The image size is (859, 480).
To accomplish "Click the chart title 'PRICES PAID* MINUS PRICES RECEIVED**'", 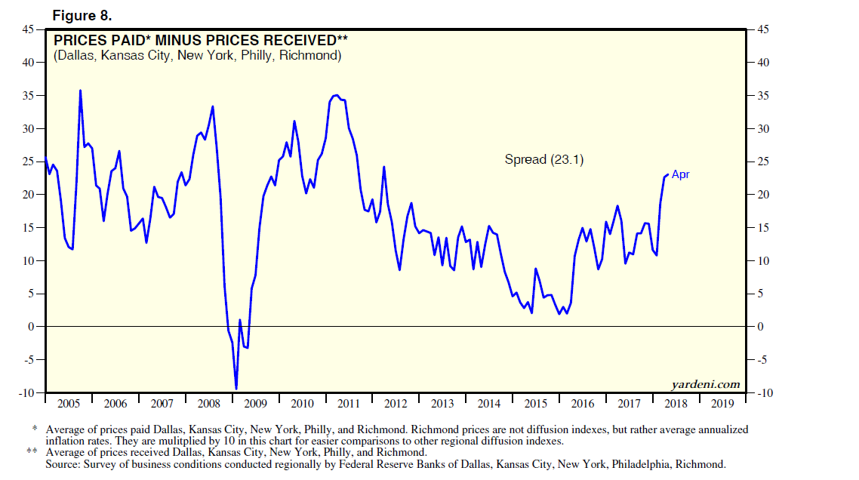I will click(x=201, y=40).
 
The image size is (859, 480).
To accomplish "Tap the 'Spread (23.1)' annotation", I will click(x=544, y=159).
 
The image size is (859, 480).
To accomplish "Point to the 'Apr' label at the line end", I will click(x=680, y=174).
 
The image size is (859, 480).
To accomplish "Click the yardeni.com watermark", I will click(x=706, y=385).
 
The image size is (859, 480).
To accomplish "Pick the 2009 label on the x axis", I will click(x=256, y=404).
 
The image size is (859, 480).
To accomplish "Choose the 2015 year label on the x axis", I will click(x=536, y=404).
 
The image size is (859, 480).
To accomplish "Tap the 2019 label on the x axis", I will click(x=722, y=404).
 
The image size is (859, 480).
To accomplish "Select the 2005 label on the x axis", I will click(x=69, y=404).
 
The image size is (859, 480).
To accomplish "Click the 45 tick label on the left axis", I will click(x=28, y=29).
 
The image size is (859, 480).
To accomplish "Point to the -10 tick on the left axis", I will click(x=26, y=392).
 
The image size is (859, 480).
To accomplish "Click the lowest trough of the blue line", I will click(x=236, y=389).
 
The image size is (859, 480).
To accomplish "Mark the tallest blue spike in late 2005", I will click(x=80, y=91).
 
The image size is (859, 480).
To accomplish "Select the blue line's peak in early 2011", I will click(x=336, y=95).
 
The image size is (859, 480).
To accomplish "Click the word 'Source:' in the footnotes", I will click(x=62, y=464).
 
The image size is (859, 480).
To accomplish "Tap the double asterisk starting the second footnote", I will click(x=32, y=452).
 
